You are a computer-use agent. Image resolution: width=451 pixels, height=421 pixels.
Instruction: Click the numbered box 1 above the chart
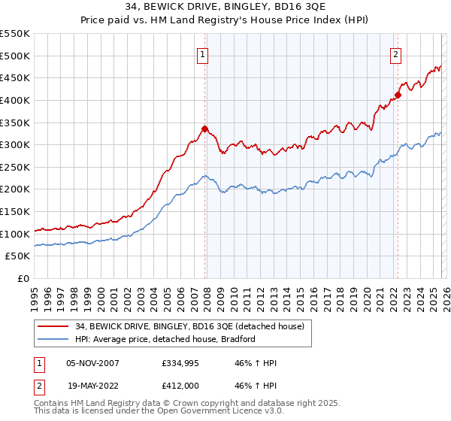click(x=204, y=53)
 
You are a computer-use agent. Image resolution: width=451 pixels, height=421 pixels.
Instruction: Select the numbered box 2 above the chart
click(x=395, y=53)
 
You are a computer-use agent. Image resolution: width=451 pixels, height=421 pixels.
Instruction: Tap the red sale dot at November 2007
click(x=204, y=129)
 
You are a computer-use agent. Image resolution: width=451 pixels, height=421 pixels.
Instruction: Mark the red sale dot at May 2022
click(x=398, y=94)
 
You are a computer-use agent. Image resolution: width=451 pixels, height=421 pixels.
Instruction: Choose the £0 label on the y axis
click(x=23, y=279)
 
